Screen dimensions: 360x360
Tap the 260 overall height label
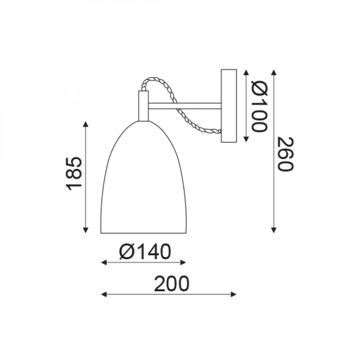285,154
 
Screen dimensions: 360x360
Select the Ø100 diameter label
260,106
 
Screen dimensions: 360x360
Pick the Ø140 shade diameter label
145,252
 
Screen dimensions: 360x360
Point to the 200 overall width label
172,284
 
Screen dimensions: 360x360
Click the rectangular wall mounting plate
229,106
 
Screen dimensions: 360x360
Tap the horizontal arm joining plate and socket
185,106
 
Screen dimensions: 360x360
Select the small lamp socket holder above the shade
143,106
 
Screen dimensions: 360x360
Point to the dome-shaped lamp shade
144,177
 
